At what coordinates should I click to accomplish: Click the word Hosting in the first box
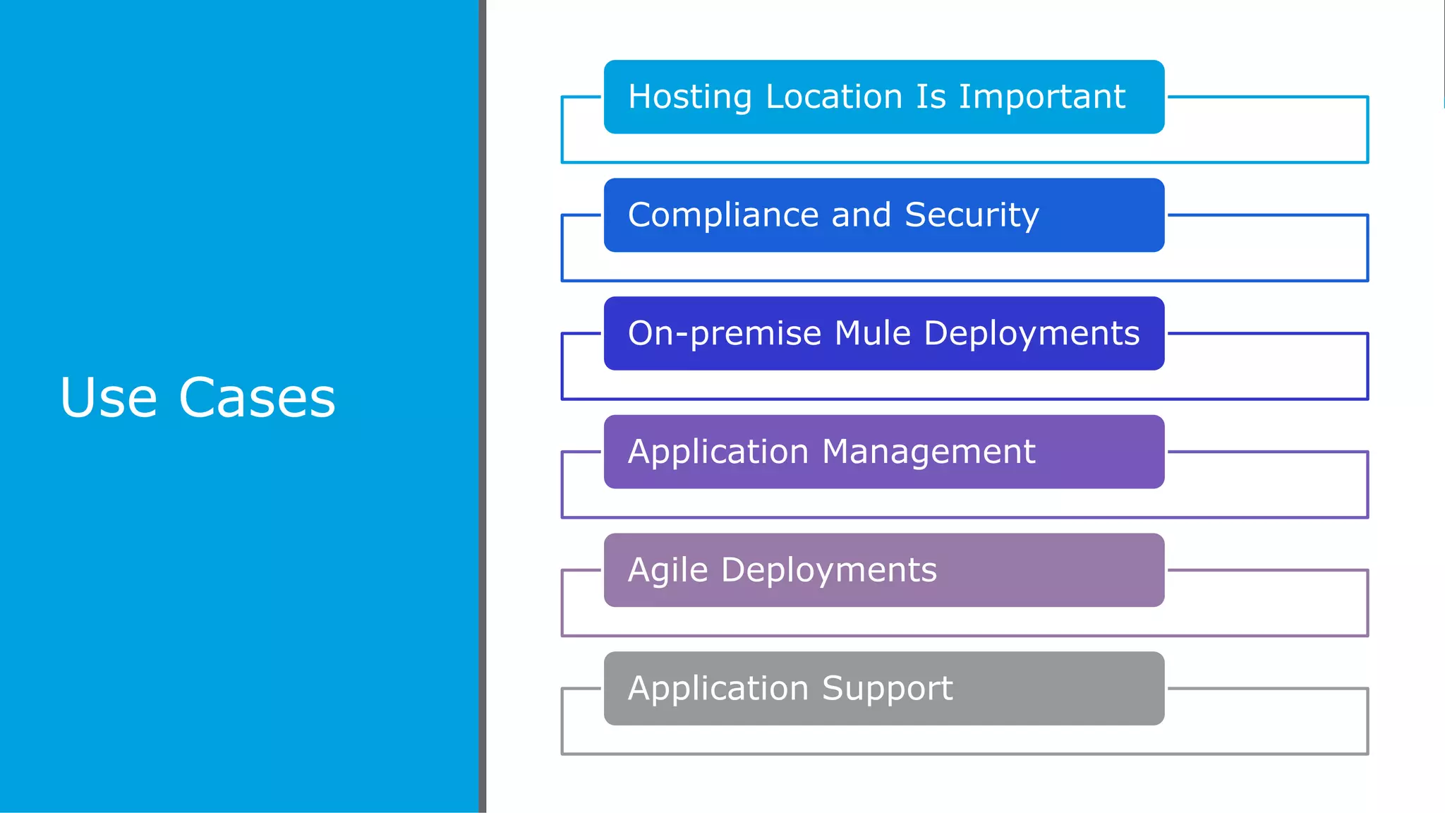tap(689, 97)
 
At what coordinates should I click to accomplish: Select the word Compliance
tap(724, 215)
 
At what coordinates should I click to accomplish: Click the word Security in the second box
tap(972, 215)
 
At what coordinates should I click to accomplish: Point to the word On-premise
tap(725, 334)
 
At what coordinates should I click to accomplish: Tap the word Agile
tap(667, 570)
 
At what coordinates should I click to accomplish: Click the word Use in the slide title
tap(108, 397)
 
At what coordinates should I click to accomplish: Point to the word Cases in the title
tap(258, 397)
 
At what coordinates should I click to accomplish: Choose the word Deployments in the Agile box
tap(828, 570)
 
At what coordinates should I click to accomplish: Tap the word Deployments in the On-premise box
tap(1032, 334)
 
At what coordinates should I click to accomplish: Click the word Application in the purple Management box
tap(718, 452)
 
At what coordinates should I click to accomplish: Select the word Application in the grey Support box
tap(718, 689)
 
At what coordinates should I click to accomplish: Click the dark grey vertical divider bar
tap(483, 406)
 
